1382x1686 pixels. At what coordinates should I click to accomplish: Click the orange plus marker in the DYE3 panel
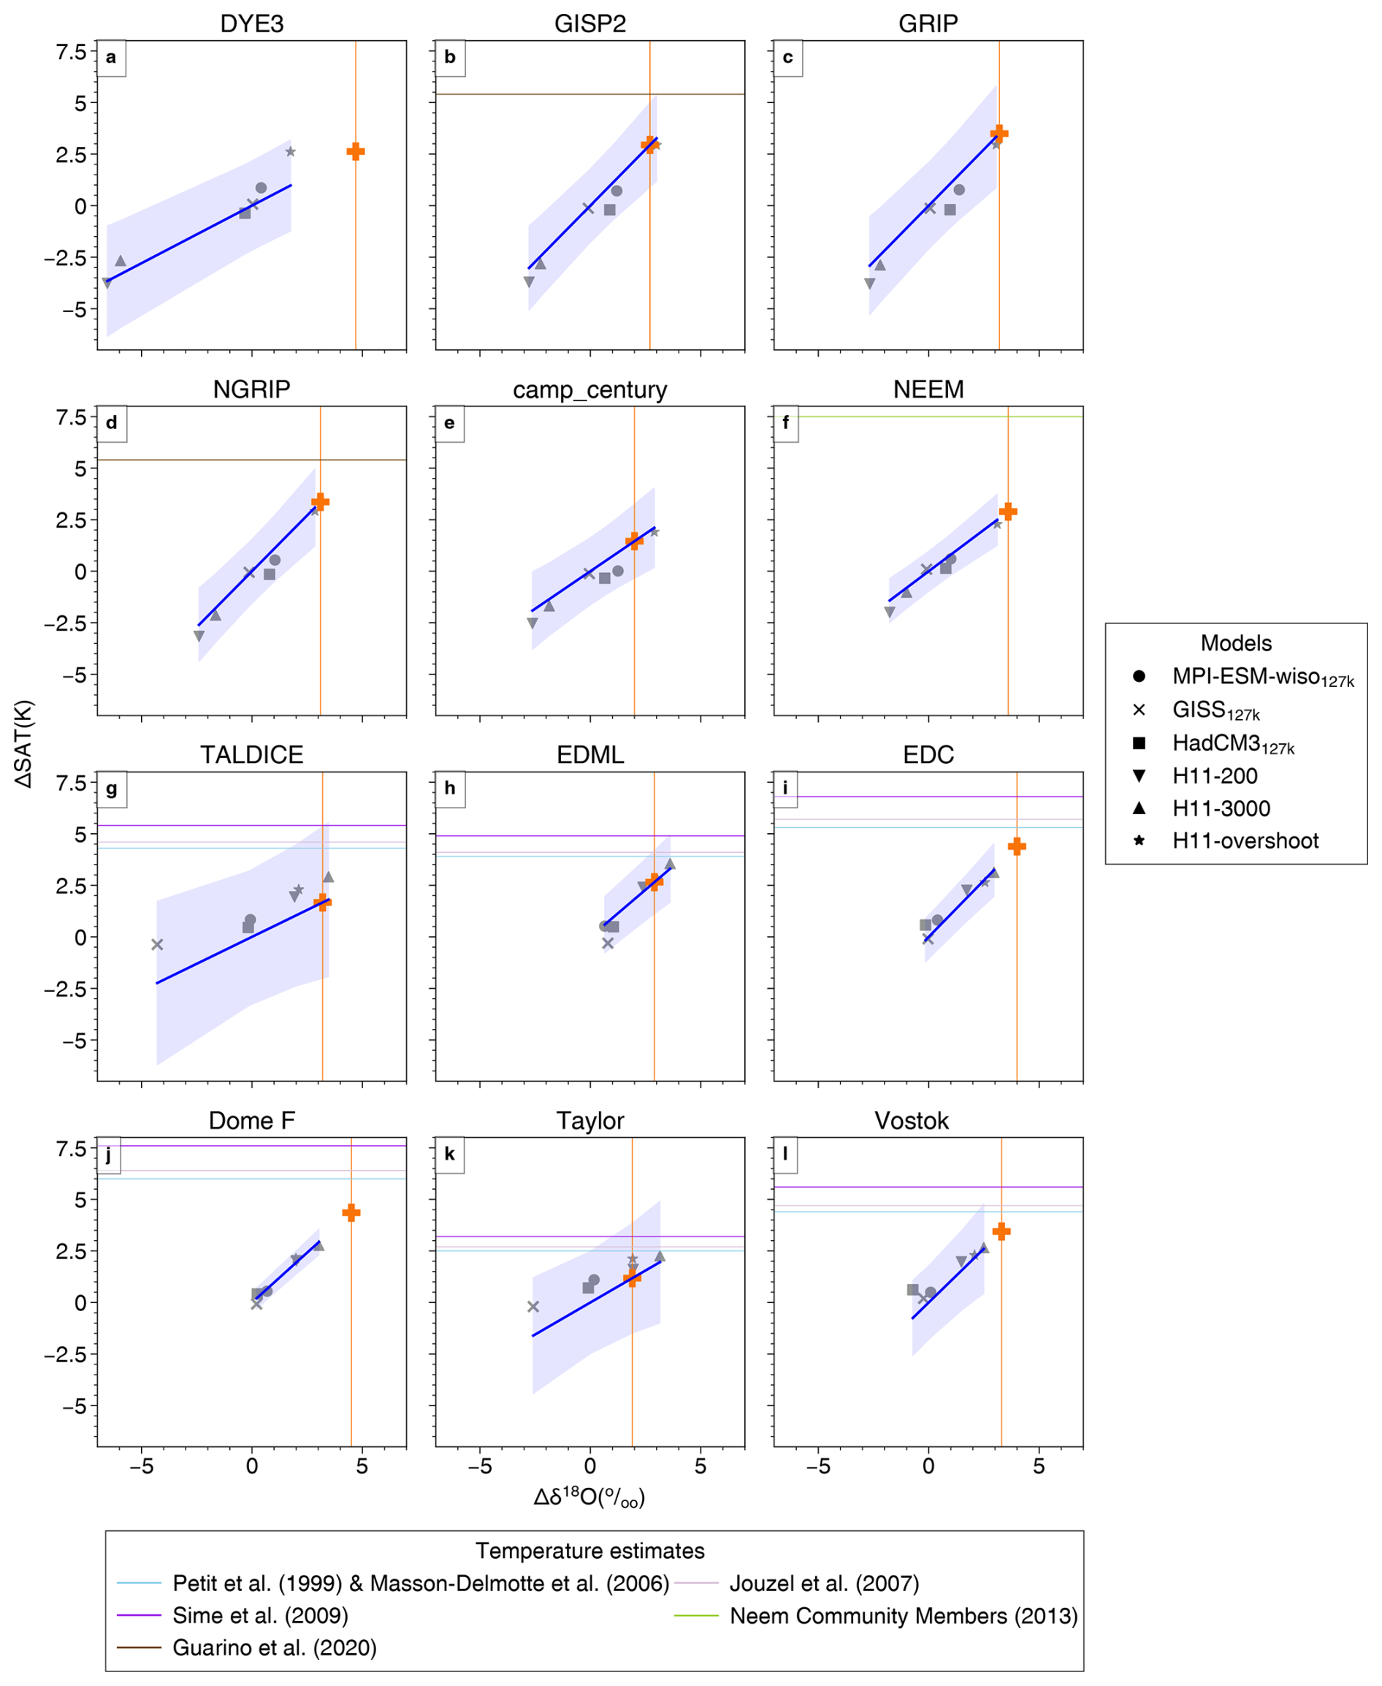(356, 151)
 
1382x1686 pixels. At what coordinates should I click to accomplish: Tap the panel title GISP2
(590, 24)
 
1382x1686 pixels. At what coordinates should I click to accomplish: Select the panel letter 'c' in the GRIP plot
(787, 57)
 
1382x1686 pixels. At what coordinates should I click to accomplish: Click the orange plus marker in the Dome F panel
(351, 1213)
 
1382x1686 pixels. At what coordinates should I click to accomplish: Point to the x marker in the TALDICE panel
(158, 944)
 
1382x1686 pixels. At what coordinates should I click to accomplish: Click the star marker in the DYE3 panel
(291, 151)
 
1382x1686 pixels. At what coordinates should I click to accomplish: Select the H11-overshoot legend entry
(1245, 841)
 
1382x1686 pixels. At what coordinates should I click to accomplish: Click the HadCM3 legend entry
(1232, 744)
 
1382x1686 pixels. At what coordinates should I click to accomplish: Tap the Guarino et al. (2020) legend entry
(274, 1648)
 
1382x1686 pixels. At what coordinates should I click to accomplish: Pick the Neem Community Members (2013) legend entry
(903, 1616)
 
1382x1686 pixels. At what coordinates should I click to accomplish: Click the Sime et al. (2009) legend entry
(260, 1616)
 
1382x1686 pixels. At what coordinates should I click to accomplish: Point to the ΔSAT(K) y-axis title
(24, 744)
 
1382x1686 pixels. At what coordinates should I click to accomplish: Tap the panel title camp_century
(590, 390)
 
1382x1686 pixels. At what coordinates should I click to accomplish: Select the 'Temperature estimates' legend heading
(590, 1551)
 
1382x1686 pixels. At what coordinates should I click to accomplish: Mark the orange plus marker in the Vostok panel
(1001, 1231)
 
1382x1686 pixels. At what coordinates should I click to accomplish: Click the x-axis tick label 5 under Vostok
(1038, 1467)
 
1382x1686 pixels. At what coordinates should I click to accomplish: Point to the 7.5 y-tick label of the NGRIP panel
(71, 417)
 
